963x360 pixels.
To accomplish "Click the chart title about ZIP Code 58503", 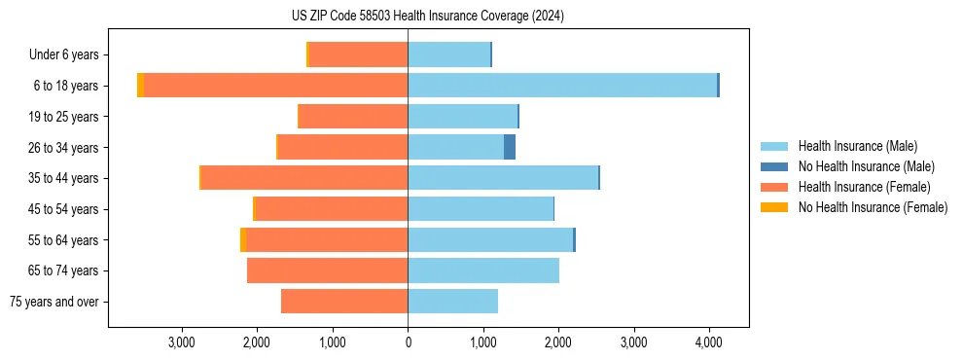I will (x=427, y=17).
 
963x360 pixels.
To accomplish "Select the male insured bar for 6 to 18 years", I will (x=562, y=86).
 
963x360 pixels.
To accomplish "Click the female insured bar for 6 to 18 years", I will (x=275, y=86).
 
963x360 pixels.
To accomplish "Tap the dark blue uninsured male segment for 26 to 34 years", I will (x=510, y=147).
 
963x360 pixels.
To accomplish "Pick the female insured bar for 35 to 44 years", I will (x=303, y=178).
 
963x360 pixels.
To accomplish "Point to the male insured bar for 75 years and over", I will (x=452, y=302).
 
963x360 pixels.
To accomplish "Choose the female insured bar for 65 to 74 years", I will (x=327, y=270).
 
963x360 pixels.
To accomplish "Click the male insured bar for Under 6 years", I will (x=448, y=54).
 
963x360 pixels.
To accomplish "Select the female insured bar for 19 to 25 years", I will (x=352, y=117).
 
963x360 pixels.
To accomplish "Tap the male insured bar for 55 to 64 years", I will (x=490, y=239).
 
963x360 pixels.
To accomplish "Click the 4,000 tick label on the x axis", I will (x=708, y=342).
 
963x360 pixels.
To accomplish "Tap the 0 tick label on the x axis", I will (x=408, y=342).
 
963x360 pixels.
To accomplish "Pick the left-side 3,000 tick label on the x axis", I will (x=182, y=342).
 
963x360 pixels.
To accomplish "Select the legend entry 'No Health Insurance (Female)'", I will (x=873, y=207).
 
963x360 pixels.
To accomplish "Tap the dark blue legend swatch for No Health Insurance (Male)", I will (x=774, y=166).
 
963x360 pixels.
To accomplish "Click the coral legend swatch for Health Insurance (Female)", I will (x=774, y=187).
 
